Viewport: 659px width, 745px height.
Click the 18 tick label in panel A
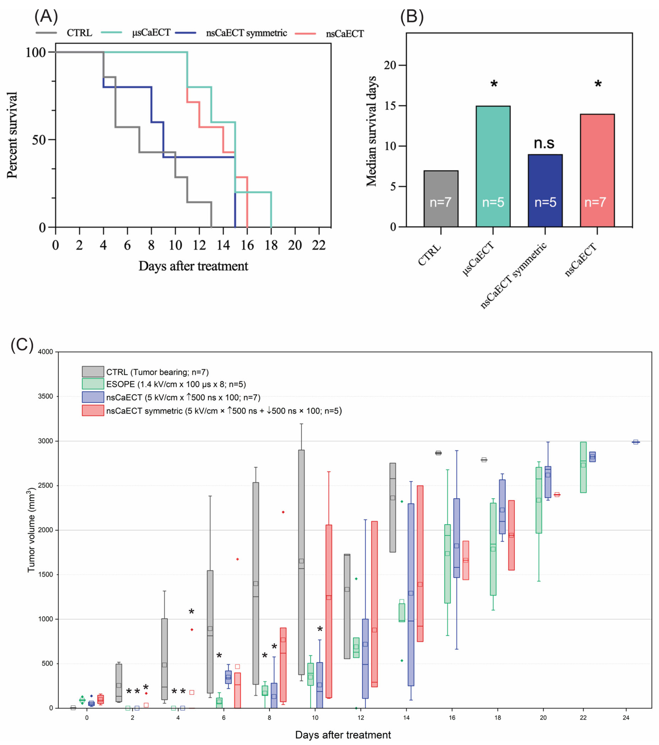(271, 245)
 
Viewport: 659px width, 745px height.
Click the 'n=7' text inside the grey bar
(441, 202)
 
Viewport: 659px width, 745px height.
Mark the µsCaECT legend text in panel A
(151, 33)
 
